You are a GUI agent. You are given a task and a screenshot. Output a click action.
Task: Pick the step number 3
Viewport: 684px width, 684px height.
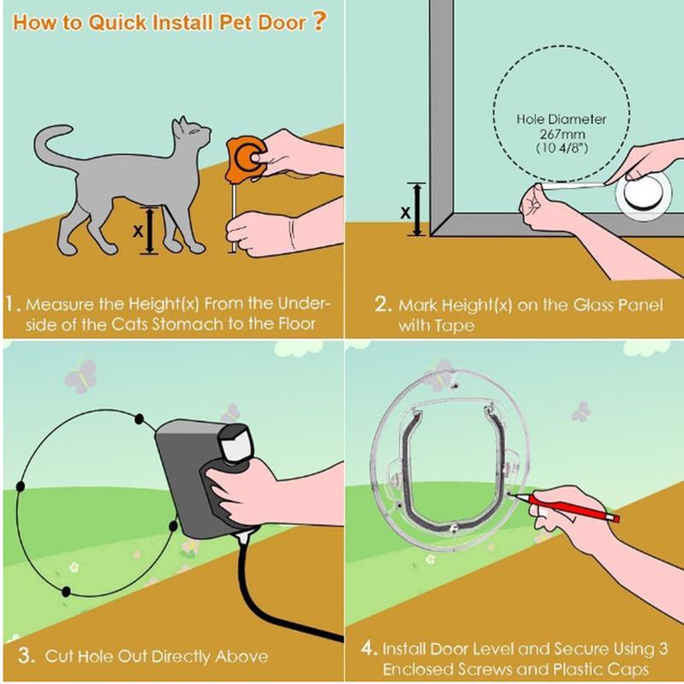26,657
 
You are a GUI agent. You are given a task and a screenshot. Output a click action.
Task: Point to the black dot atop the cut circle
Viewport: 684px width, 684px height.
139,420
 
